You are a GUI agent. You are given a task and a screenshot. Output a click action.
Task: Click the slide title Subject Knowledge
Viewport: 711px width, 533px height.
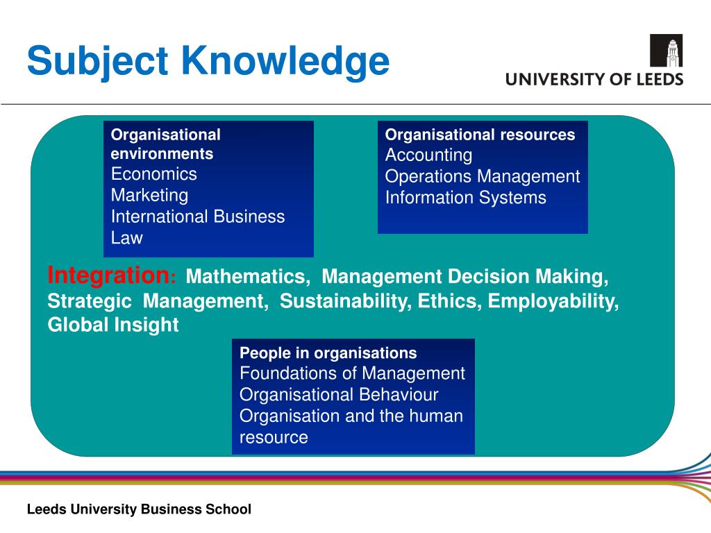tap(208, 61)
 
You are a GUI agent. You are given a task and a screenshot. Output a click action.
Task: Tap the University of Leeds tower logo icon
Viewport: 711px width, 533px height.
tap(665, 51)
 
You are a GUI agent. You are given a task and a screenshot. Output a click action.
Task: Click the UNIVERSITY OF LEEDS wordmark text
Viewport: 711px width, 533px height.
tap(594, 79)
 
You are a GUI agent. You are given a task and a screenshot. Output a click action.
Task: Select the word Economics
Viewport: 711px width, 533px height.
tap(154, 174)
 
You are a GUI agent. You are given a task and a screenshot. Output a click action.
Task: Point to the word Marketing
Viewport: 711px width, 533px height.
tap(149, 195)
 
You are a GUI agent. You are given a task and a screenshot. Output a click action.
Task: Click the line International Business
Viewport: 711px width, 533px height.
tap(198, 217)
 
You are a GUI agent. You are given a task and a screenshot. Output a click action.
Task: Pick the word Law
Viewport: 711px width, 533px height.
tap(126, 238)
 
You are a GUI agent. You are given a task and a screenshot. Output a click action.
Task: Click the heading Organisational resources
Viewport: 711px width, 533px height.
tap(480, 135)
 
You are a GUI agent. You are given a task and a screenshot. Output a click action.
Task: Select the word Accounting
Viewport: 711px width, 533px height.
tap(428, 155)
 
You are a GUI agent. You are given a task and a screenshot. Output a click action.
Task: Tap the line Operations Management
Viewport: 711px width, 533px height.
tap(482, 176)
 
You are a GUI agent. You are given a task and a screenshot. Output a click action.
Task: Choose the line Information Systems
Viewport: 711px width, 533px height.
tap(465, 198)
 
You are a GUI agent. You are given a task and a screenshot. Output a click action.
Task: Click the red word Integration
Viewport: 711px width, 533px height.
tap(109, 276)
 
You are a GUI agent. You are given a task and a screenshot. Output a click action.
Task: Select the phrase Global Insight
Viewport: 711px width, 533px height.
tap(113, 325)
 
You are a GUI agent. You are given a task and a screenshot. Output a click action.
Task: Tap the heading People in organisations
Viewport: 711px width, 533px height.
tap(328, 353)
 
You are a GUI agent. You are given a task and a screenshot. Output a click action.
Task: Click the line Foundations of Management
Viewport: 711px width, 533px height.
tap(352, 373)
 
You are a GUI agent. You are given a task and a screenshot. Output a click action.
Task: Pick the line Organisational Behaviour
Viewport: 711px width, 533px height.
tap(339, 395)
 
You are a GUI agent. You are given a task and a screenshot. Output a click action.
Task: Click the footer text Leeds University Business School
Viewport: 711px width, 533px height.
tap(139, 509)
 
